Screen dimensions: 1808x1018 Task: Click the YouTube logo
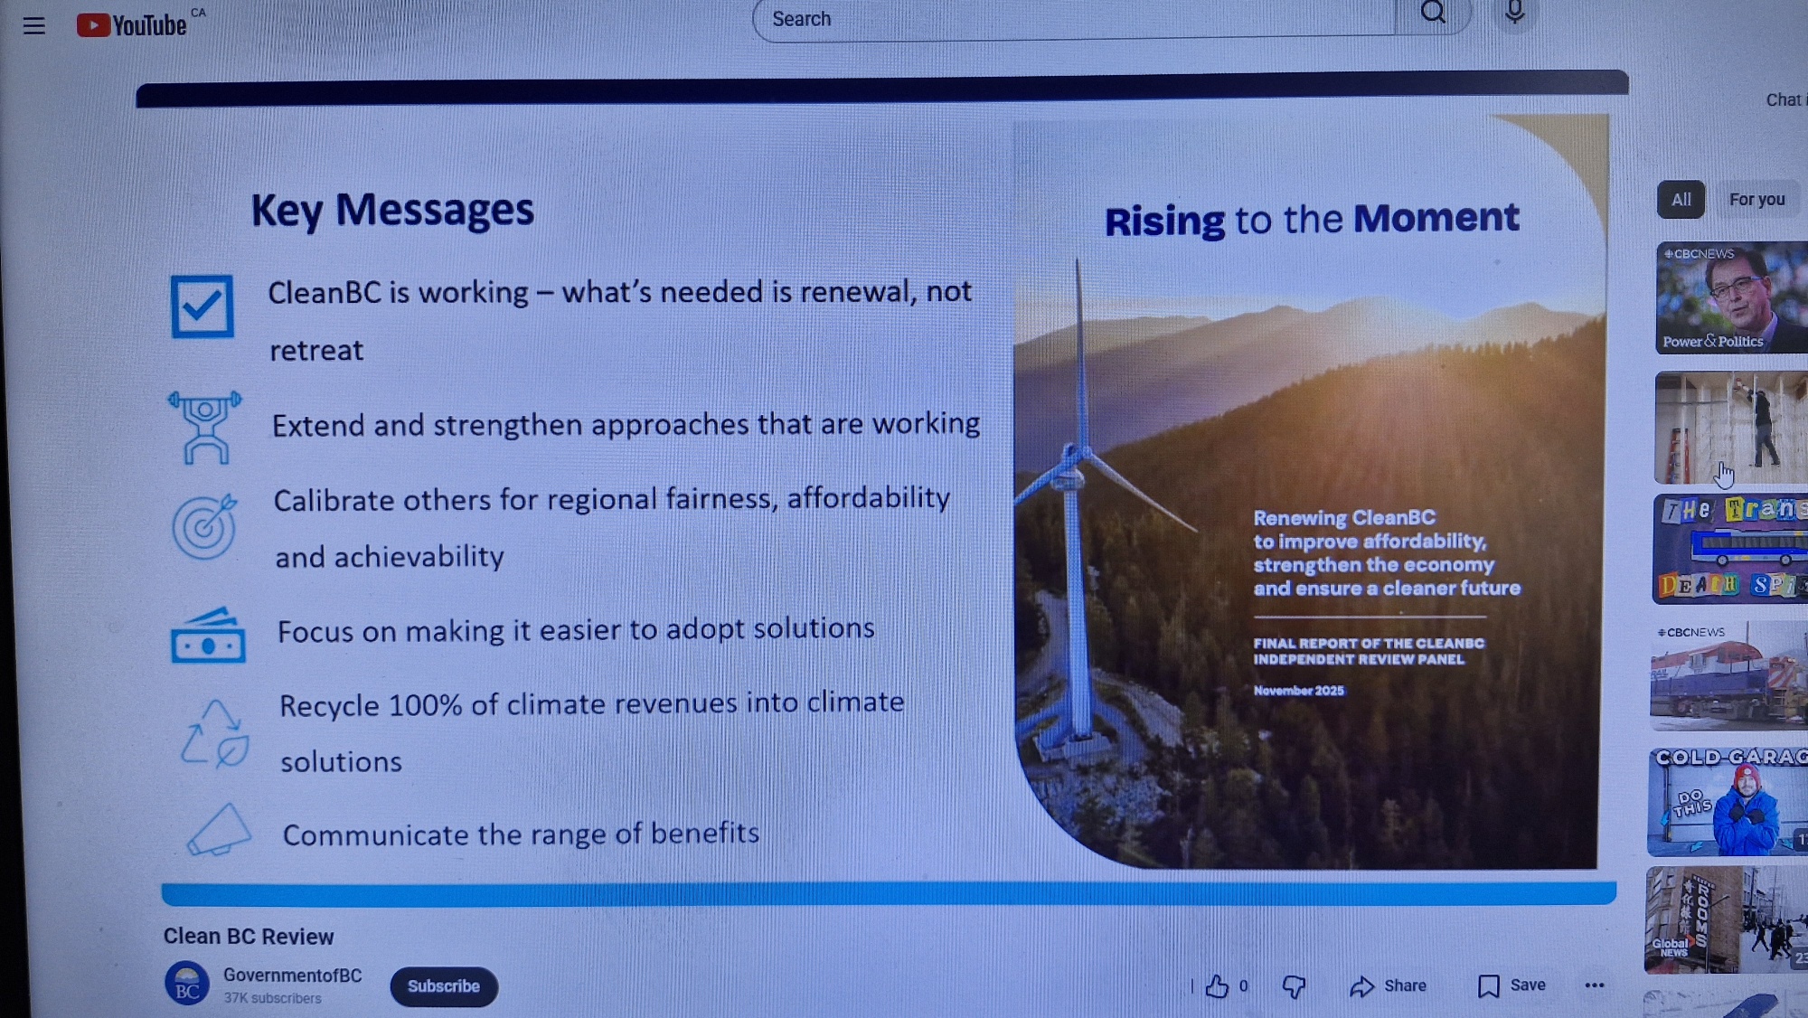(132, 25)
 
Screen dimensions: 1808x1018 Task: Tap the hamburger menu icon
(34, 26)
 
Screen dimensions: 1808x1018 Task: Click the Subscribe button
(443, 986)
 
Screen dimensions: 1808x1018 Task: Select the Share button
(1388, 986)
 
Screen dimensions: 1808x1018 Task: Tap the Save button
(1511, 985)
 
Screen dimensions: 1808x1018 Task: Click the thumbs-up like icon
(1217, 986)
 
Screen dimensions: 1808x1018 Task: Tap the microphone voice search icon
(1514, 13)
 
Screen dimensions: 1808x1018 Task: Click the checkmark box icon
(202, 306)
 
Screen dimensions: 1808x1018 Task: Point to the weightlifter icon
(205, 428)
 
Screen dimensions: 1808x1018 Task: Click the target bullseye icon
(205, 526)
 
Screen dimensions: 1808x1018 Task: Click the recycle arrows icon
(215, 733)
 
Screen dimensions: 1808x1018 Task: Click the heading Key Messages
(392, 210)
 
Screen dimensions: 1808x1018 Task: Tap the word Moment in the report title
(1436, 218)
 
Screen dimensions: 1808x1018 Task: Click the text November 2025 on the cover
(1298, 691)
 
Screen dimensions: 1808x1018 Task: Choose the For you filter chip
(1756, 200)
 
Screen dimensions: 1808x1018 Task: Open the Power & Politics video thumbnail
(1731, 297)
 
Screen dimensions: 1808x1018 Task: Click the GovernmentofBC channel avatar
(187, 984)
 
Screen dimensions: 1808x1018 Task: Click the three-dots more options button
(1595, 985)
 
